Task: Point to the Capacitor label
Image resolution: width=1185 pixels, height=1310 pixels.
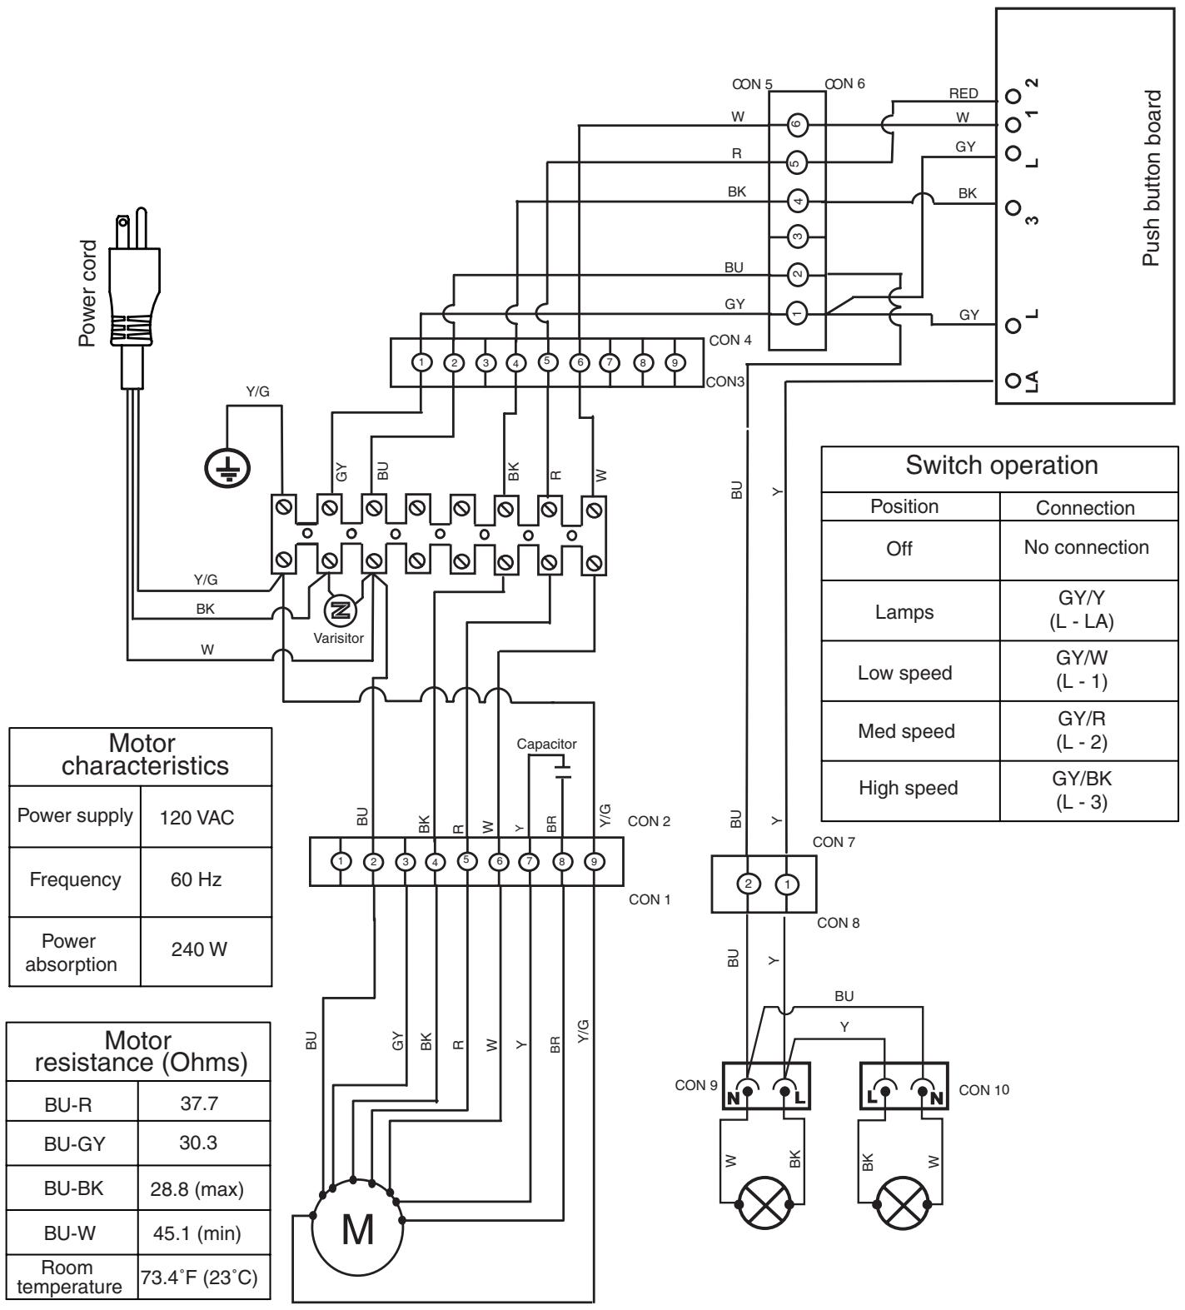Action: click(546, 744)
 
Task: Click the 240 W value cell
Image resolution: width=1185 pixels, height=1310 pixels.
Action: click(206, 949)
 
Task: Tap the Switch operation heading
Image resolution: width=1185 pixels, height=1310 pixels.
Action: click(1001, 466)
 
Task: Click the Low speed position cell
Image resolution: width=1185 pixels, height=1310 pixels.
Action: click(904, 672)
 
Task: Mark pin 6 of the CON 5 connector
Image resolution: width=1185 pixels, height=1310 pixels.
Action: click(797, 124)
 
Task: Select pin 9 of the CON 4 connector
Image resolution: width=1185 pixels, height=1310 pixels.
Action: click(673, 362)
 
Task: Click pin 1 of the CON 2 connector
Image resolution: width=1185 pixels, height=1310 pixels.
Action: click(341, 861)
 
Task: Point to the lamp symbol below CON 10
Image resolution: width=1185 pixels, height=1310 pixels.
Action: click(903, 1205)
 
